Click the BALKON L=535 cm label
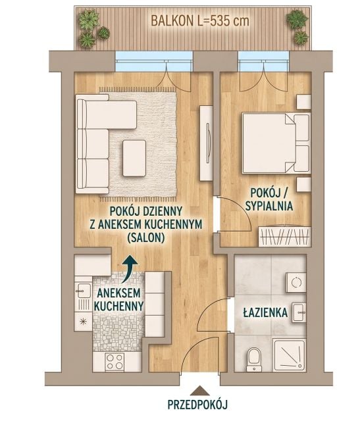(x=200, y=21)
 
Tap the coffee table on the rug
(x=134, y=158)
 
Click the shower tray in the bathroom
(x=289, y=355)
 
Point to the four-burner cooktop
(x=115, y=361)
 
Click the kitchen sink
(x=84, y=291)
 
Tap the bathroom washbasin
(x=299, y=312)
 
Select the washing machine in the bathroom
(x=296, y=282)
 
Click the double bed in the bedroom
(x=276, y=143)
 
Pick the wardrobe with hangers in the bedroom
(x=284, y=237)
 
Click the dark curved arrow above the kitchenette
(x=130, y=269)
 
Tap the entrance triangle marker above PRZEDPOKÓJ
(x=199, y=391)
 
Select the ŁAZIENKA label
(x=265, y=313)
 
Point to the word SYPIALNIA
(x=269, y=206)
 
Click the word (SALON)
(x=145, y=237)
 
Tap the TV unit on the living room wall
(x=207, y=143)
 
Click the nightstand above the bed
(x=304, y=102)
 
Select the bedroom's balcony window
(x=263, y=61)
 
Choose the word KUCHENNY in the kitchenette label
(x=119, y=305)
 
